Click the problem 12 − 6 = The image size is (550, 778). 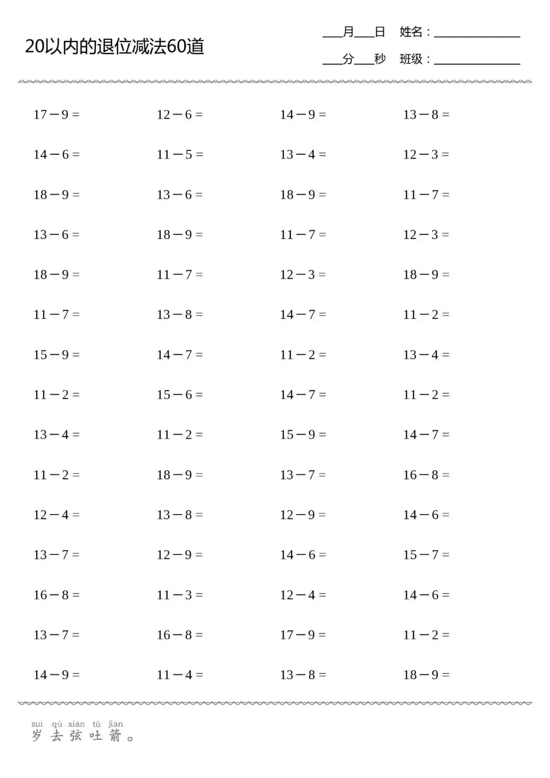[179, 115]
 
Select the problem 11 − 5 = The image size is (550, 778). [179, 154]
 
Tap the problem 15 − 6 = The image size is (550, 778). [179, 395]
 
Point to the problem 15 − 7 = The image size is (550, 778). [426, 555]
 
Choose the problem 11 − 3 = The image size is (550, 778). [179, 595]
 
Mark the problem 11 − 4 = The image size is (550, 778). [179, 675]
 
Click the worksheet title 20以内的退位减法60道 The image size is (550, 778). [115, 47]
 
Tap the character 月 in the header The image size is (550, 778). [348, 32]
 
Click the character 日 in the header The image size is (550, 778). [380, 32]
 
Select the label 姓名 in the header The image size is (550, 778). [411, 32]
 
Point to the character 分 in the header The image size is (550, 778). [348, 59]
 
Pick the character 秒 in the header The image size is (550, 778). [380, 59]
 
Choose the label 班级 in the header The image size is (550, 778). [411, 59]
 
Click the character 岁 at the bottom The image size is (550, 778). [37, 736]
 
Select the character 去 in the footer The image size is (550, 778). [57, 736]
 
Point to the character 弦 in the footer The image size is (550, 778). [76, 736]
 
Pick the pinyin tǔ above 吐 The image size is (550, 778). [96, 724]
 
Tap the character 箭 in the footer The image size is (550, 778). [116, 736]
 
